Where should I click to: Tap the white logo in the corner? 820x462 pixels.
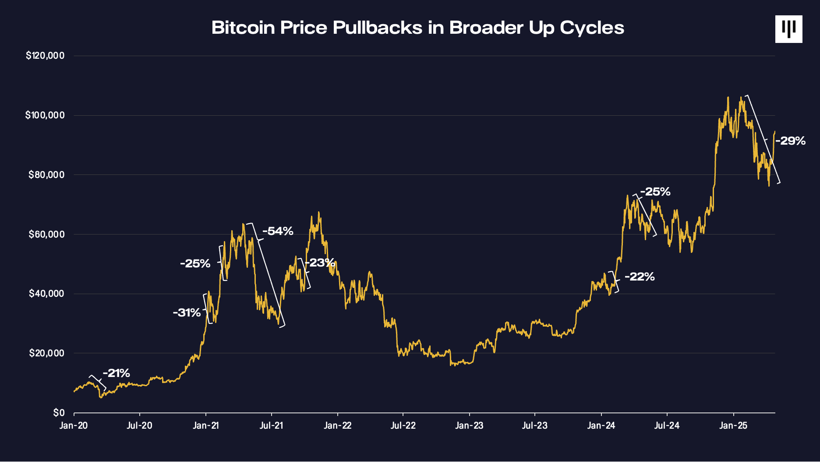[x=788, y=29]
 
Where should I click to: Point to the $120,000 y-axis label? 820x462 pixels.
[x=45, y=56]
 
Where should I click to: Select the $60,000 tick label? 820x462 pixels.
[x=46, y=234]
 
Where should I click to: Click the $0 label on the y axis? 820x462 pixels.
[x=59, y=413]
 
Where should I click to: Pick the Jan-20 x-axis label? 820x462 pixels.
[x=74, y=426]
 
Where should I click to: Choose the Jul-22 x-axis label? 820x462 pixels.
[x=403, y=426]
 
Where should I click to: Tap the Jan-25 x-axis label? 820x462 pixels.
[x=733, y=426]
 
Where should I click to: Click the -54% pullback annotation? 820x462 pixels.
[x=278, y=231]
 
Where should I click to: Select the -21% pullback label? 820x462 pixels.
[x=117, y=373]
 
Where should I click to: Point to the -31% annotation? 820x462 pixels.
[x=187, y=313]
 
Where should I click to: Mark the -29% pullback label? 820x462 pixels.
[x=791, y=141]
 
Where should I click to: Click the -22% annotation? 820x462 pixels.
[x=640, y=277]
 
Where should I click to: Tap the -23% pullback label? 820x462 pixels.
[x=320, y=263]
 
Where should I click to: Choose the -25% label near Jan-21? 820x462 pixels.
[x=195, y=263]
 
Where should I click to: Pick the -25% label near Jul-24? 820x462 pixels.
[x=655, y=192]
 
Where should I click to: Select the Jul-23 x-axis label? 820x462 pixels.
[x=534, y=426]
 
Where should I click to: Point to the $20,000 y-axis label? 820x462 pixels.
[x=46, y=353]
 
